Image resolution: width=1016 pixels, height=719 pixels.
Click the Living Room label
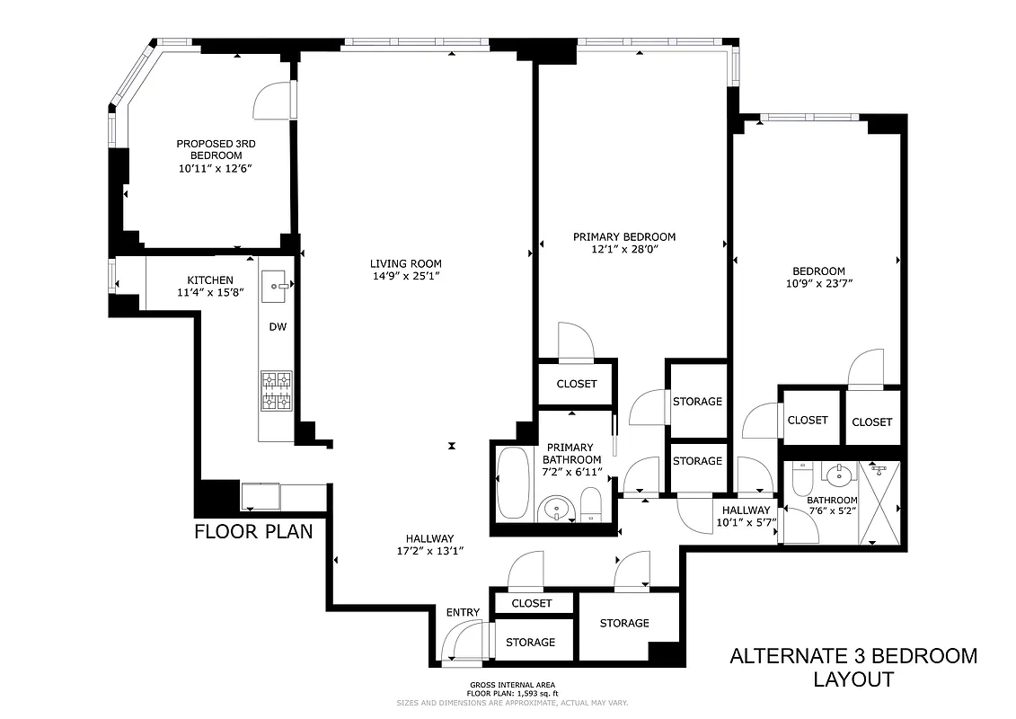coord(406,263)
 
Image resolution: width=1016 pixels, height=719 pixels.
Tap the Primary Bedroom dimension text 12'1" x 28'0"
coord(624,250)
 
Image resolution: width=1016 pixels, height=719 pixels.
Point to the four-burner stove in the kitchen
coord(277,390)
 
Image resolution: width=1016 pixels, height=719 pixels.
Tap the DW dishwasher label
coord(278,326)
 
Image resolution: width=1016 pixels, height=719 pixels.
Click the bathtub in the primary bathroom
coord(514,483)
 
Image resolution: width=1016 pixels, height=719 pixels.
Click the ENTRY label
coord(463,613)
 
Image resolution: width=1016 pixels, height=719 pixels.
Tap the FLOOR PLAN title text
coord(253,531)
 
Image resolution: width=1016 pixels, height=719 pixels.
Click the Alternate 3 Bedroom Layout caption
coord(853,667)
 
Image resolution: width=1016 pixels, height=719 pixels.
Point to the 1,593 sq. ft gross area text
coord(512,693)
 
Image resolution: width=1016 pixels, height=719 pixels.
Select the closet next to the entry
coord(532,603)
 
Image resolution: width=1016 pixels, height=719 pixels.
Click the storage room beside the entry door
coord(530,643)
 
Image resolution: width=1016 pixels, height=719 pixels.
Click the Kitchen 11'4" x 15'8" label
coord(209,286)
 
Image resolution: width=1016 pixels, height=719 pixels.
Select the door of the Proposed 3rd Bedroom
coord(274,101)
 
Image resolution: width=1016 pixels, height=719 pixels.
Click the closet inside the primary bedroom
coord(577,384)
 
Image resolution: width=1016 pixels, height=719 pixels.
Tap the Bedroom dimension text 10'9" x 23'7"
coord(817,283)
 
